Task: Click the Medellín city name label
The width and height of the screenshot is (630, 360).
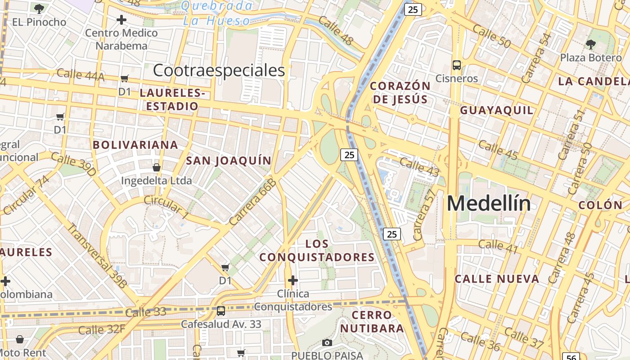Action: (x=489, y=204)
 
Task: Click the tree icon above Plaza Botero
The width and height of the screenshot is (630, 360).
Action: (x=590, y=44)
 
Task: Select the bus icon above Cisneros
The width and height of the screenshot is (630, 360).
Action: (x=457, y=65)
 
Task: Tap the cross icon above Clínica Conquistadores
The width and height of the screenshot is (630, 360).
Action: (x=293, y=281)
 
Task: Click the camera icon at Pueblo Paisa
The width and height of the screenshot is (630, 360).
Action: (x=327, y=343)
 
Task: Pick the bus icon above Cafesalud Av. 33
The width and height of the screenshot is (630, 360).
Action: (x=221, y=311)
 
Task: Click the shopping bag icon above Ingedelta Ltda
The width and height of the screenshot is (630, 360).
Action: (x=157, y=167)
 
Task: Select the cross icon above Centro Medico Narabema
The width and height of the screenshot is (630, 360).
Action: (x=121, y=20)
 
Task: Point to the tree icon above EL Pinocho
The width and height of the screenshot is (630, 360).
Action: (x=39, y=8)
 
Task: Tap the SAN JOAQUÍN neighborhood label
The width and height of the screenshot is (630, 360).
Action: (x=229, y=161)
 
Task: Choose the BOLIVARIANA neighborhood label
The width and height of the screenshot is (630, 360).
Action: (x=135, y=145)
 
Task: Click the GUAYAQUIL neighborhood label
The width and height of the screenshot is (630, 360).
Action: (x=497, y=110)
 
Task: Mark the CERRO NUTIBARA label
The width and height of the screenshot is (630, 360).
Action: (x=372, y=321)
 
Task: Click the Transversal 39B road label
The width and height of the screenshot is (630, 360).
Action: (x=97, y=255)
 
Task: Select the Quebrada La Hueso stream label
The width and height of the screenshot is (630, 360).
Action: (x=216, y=13)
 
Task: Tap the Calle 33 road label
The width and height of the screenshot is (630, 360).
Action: (x=145, y=312)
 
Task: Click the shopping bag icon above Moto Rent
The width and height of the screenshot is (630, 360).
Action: (x=20, y=339)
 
